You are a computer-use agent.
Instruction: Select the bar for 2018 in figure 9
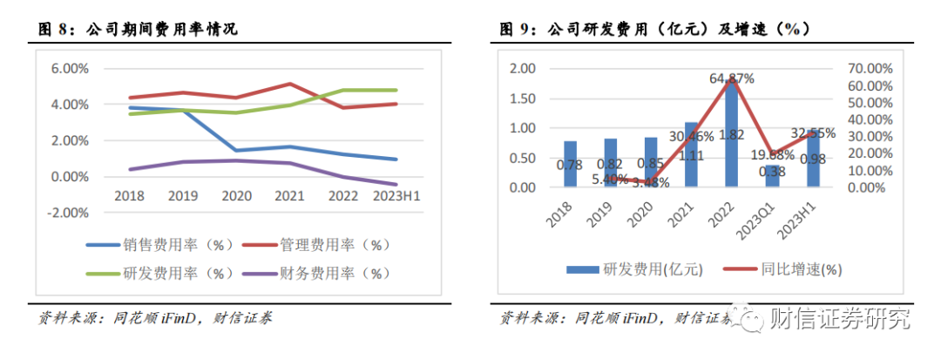(571, 165)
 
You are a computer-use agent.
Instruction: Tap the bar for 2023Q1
(772, 177)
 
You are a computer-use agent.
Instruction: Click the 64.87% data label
(732, 78)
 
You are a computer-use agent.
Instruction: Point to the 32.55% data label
(810, 133)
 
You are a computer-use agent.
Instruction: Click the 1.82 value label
(732, 158)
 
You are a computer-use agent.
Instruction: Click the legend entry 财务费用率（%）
(322, 273)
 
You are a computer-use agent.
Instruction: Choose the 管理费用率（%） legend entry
(322, 245)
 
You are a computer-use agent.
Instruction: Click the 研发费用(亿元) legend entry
(633, 269)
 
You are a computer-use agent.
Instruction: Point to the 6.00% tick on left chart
(70, 69)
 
